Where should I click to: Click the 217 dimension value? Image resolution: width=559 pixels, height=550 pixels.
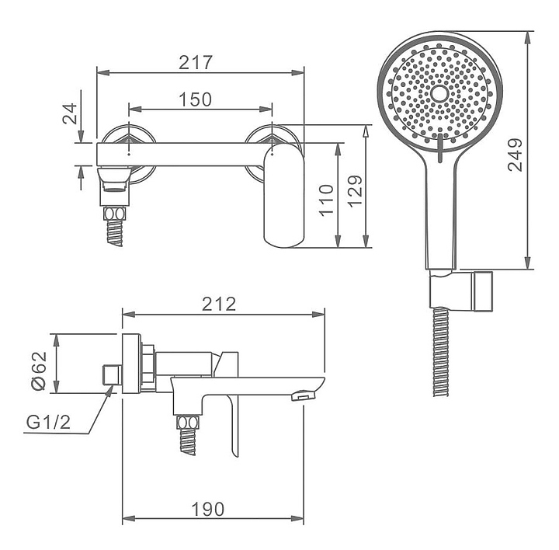pyautogui.click(x=196, y=62)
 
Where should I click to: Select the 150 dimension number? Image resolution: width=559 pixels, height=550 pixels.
pyautogui.click(x=195, y=99)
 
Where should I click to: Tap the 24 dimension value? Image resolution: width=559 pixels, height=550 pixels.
pyautogui.click(x=70, y=113)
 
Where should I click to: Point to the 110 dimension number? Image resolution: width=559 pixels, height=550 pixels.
pyautogui.click(x=327, y=200)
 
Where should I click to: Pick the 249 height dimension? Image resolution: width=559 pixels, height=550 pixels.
pyautogui.click(x=515, y=155)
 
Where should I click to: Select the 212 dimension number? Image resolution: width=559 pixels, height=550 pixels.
pyautogui.click(x=219, y=305)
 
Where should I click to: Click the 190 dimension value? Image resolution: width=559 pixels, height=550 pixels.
pyautogui.click(x=208, y=510)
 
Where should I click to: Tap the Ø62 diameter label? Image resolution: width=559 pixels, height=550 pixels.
pyautogui.click(x=39, y=371)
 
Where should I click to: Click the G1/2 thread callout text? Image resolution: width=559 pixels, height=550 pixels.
pyautogui.click(x=48, y=423)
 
